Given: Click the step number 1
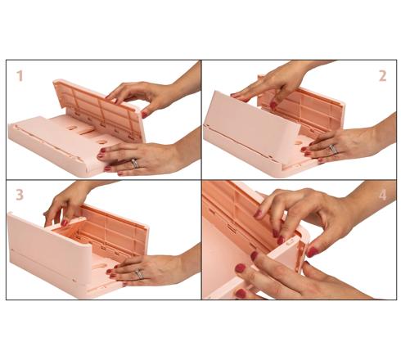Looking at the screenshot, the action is [20, 76].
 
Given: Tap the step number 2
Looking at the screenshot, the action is [382, 76].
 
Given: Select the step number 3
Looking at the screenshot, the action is [20, 195].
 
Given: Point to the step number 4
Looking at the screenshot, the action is [383, 196].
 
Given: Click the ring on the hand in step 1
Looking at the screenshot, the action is [135, 163].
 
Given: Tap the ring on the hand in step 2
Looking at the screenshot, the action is [333, 149].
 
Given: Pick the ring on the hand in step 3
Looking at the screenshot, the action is [139, 274].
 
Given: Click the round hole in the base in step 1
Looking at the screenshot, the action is [102, 142].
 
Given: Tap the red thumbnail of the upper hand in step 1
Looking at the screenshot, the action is [144, 114].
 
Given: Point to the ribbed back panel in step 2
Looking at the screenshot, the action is [301, 109].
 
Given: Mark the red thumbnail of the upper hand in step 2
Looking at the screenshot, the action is [273, 106].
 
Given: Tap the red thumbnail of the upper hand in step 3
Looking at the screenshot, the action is [65, 223].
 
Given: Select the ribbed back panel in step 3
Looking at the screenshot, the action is [115, 232].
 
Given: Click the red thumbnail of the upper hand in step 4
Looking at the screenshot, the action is [313, 252].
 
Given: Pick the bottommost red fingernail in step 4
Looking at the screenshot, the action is [241, 294].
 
